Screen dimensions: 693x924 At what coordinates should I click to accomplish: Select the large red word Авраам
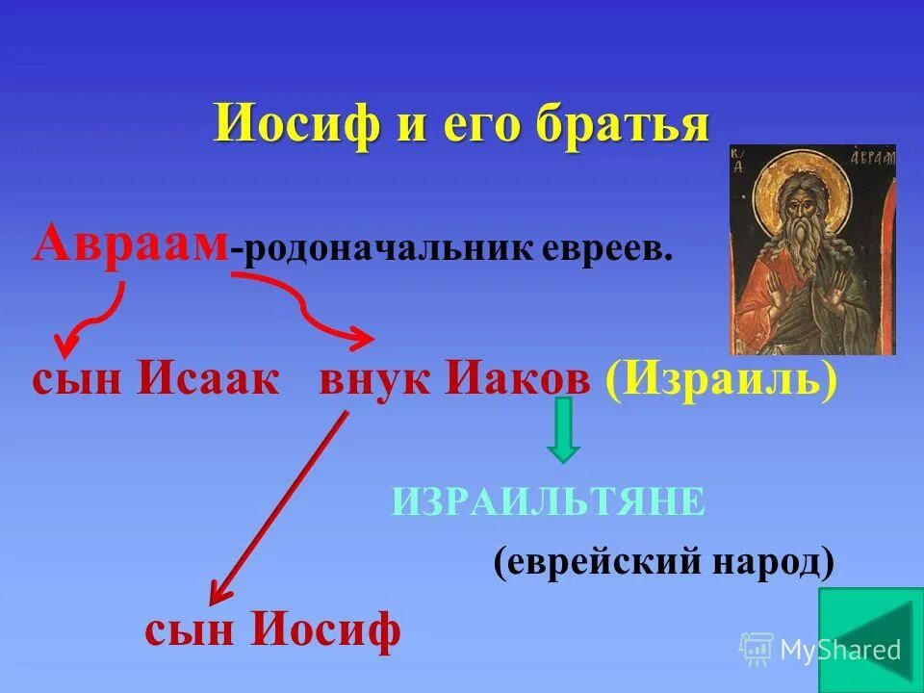(x=130, y=245)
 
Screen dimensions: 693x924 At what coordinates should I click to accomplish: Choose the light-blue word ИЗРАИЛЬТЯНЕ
(x=549, y=501)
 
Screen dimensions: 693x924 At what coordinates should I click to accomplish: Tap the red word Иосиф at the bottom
(x=325, y=631)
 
